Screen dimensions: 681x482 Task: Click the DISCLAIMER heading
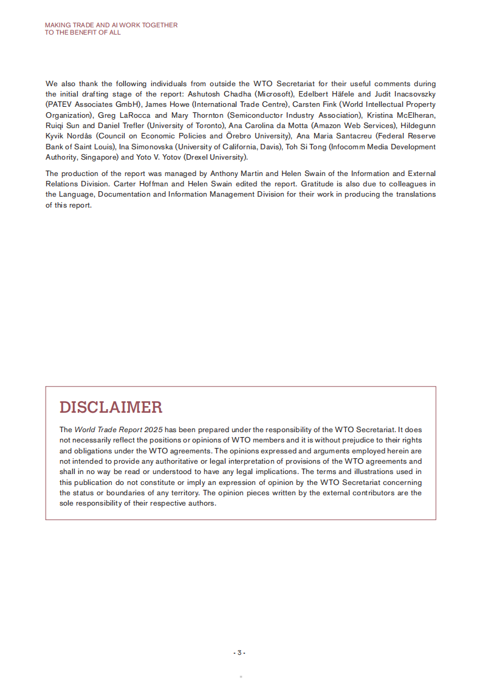tap(111, 407)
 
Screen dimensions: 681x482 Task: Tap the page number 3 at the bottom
tap(239, 652)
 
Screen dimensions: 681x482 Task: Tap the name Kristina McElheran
tap(401, 115)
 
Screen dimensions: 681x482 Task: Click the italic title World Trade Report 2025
tap(119, 430)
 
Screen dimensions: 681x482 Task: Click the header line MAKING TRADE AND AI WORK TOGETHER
tap(111, 25)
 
